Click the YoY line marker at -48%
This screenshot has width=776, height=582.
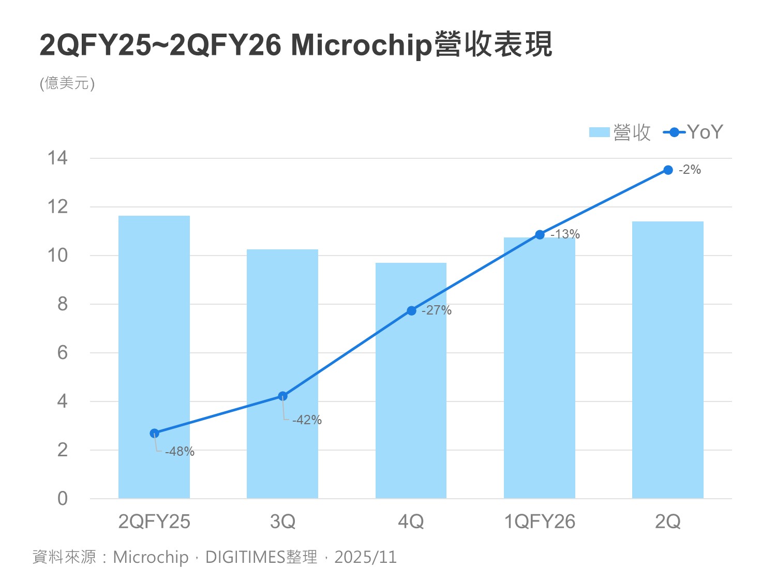point(154,434)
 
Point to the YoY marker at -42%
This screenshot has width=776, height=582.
point(282,396)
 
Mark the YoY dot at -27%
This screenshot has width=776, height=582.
point(411,310)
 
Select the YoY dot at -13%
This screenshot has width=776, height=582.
point(540,235)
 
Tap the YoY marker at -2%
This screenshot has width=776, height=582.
point(668,170)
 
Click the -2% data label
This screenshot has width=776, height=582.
point(690,170)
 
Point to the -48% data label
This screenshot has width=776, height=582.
point(180,452)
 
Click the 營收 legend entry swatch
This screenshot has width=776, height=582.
point(599,132)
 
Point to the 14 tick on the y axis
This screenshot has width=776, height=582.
point(57,158)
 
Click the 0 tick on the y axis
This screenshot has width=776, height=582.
point(63,498)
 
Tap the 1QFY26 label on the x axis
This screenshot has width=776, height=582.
point(540,521)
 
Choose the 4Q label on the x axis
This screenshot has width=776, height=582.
point(411,521)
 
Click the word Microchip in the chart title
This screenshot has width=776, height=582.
point(361,45)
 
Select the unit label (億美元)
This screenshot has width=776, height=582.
point(67,83)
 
